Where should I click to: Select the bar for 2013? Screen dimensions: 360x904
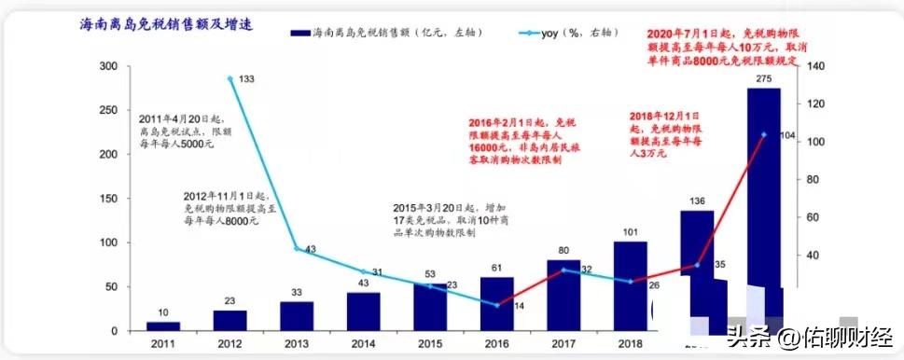(x=298, y=316)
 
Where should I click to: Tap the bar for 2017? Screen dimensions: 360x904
(x=563, y=295)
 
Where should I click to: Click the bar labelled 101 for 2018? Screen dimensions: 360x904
(x=630, y=285)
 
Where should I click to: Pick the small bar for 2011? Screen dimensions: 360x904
(x=163, y=326)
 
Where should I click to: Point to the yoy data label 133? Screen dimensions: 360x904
(x=247, y=79)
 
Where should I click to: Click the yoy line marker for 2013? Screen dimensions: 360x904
(x=297, y=249)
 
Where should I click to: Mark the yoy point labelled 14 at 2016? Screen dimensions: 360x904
(x=496, y=304)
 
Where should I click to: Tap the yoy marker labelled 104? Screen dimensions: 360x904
(x=764, y=134)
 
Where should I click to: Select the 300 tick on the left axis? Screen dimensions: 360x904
(x=111, y=66)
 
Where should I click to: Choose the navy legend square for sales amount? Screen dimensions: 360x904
(x=300, y=33)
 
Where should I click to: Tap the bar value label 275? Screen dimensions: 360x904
(x=765, y=79)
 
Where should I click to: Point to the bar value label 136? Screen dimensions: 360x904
(x=697, y=201)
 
